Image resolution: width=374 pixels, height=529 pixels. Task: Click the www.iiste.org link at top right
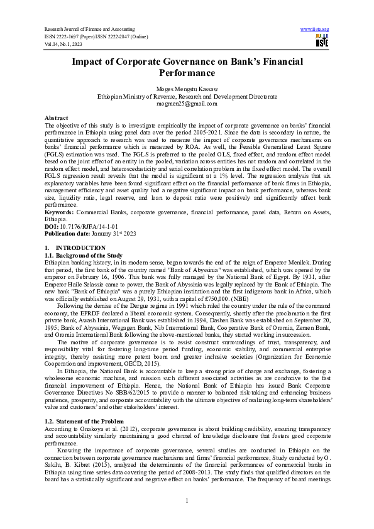[x=315, y=29]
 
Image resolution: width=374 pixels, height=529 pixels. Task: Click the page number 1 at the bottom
[x=187, y=500]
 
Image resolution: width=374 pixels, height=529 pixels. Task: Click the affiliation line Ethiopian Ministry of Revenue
[x=187, y=98]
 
